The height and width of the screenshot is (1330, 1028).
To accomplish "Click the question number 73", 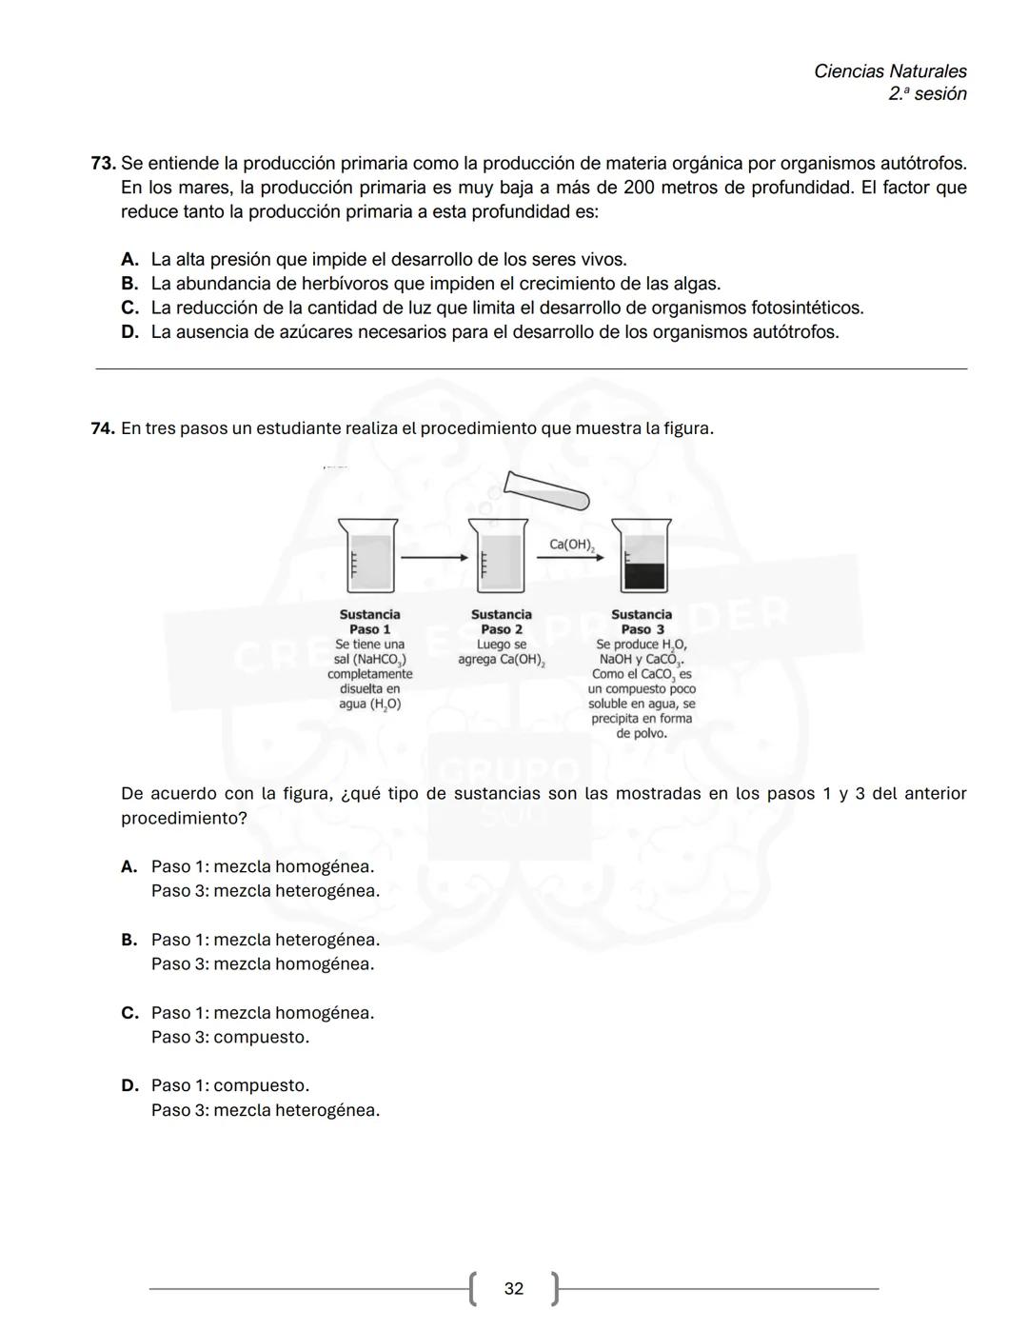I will (x=103, y=163).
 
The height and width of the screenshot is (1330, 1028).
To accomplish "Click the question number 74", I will (x=103, y=428).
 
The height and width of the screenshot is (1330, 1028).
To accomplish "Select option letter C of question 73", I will (x=129, y=308).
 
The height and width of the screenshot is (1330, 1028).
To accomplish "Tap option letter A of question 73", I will (x=129, y=260).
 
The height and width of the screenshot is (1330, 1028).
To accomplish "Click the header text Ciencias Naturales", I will (x=890, y=71).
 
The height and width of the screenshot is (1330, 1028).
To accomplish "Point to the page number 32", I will (x=514, y=1289).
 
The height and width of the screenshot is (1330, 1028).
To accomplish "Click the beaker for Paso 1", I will (x=367, y=557).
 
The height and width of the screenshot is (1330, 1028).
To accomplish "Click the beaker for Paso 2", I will (x=498, y=557).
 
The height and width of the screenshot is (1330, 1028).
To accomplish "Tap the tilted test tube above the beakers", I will (x=546, y=490).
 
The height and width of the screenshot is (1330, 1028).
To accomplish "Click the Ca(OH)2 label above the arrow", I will (x=572, y=545).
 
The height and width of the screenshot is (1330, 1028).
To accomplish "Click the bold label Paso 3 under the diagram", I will (x=642, y=629).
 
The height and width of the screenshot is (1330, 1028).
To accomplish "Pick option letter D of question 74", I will (x=129, y=1086).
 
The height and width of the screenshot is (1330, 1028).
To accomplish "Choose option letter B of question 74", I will (x=129, y=941).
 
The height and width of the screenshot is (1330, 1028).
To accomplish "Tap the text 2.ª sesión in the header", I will (x=927, y=94).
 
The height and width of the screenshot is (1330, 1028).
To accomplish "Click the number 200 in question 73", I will (x=639, y=188).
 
